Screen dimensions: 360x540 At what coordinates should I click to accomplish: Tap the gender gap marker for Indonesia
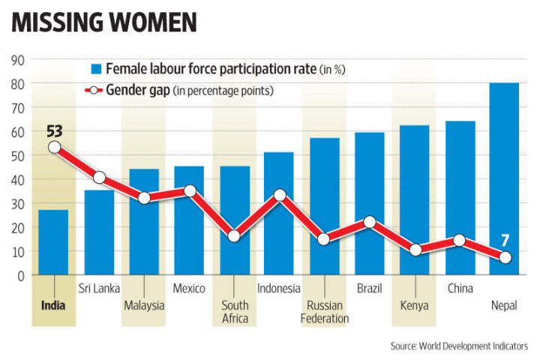click(x=279, y=195)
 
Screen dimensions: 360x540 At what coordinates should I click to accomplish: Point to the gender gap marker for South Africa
click(x=234, y=236)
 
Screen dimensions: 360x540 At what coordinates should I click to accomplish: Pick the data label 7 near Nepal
click(x=505, y=241)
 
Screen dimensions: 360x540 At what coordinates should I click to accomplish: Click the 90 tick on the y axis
click(x=16, y=60)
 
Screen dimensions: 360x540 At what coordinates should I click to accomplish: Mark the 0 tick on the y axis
click(x=20, y=275)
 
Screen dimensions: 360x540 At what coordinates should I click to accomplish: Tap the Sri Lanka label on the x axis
click(x=99, y=289)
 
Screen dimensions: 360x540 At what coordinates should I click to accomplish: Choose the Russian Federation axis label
click(x=324, y=312)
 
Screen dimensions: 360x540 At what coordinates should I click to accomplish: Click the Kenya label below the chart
click(x=414, y=305)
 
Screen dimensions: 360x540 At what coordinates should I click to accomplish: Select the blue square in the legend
click(x=96, y=69)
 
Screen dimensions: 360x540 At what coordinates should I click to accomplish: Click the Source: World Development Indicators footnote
click(x=459, y=346)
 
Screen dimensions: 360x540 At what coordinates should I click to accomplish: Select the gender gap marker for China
click(x=459, y=241)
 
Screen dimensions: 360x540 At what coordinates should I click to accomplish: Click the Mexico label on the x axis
click(x=189, y=289)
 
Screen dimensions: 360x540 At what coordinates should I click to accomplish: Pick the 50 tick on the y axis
click(x=16, y=156)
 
